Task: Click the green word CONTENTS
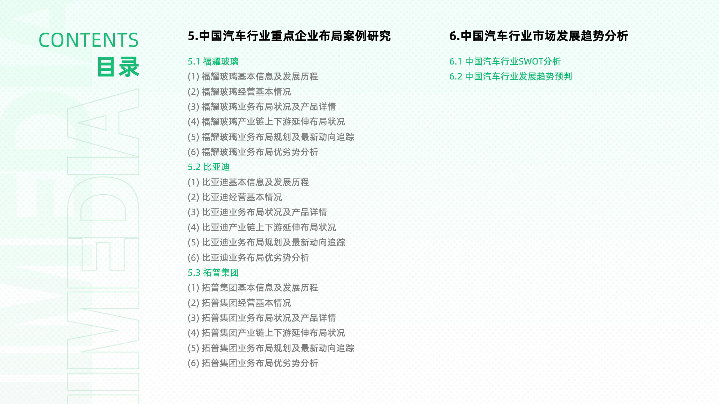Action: pos(89,40)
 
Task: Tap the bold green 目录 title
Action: pos(118,67)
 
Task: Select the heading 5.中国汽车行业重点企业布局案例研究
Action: pos(289,36)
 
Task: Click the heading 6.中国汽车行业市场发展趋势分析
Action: pos(539,36)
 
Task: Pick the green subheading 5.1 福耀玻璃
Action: pos(213,62)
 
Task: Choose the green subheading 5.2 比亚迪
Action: pos(209,167)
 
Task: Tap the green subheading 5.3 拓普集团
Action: pos(213,273)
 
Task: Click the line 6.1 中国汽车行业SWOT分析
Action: pos(505,62)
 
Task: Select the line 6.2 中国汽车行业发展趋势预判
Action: pos(511,76)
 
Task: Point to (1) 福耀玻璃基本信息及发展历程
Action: pos(253,77)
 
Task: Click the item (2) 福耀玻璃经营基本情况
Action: pos(239,92)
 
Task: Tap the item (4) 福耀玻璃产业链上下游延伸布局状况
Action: pos(266,122)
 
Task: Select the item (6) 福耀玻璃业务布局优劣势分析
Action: pos(253,152)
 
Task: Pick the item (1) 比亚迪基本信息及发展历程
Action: pos(248,182)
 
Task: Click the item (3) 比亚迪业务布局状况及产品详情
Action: pos(257,212)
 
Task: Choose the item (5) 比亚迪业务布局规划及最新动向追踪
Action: pos(266,242)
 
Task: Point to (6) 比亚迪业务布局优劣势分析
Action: pos(248,258)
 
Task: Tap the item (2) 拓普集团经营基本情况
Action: pos(239,303)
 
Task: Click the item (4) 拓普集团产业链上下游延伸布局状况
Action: pos(266,333)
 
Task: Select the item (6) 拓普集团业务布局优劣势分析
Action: pos(253,363)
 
